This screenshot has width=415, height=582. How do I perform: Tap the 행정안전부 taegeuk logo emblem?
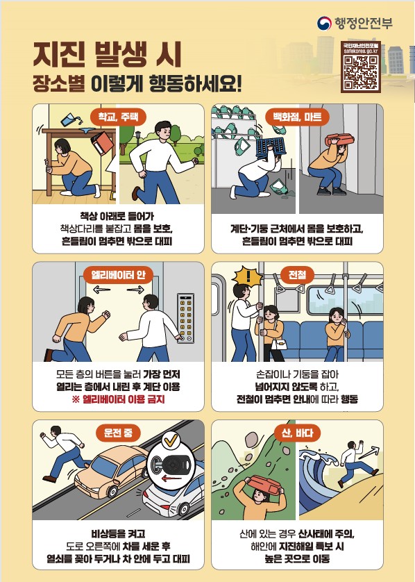pyautogui.click(x=324, y=24)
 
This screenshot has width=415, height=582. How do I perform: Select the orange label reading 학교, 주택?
pyautogui.click(x=118, y=117)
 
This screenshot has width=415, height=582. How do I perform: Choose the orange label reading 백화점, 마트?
pyautogui.click(x=297, y=117)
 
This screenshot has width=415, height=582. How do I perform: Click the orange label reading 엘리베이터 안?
pyautogui.click(x=118, y=275)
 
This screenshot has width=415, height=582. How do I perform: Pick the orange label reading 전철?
pyautogui.click(x=298, y=275)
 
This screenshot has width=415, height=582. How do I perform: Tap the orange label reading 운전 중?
pyautogui.click(x=118, y=433)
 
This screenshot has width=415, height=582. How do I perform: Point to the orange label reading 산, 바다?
pyautogui.click(x=298, y=433)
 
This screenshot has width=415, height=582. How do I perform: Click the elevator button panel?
pyautogui.click(x=186, y=317)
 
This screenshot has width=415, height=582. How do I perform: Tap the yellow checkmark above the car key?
pyautogui.click(x=171, y=440)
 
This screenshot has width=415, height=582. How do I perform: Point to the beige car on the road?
pyautogui.click(x=112, y=471)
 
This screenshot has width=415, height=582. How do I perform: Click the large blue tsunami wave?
pyautogui.click(x=321, y=479)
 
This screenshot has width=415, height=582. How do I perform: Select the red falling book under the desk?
pyautogui.click(x=102, y=143)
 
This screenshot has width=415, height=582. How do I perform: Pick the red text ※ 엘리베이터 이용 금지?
pyautogui.click(x=118, y=400)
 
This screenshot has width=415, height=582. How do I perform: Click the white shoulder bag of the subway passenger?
pyautogui.click(x=279, y=344)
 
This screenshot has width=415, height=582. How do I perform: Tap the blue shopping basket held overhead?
pyautogui.click(x=271, y=148)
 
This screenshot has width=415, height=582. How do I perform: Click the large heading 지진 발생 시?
pyautogui.click(x=107, y=54)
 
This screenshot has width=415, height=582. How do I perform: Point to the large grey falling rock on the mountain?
pyautogui.click(x=251, y=440)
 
